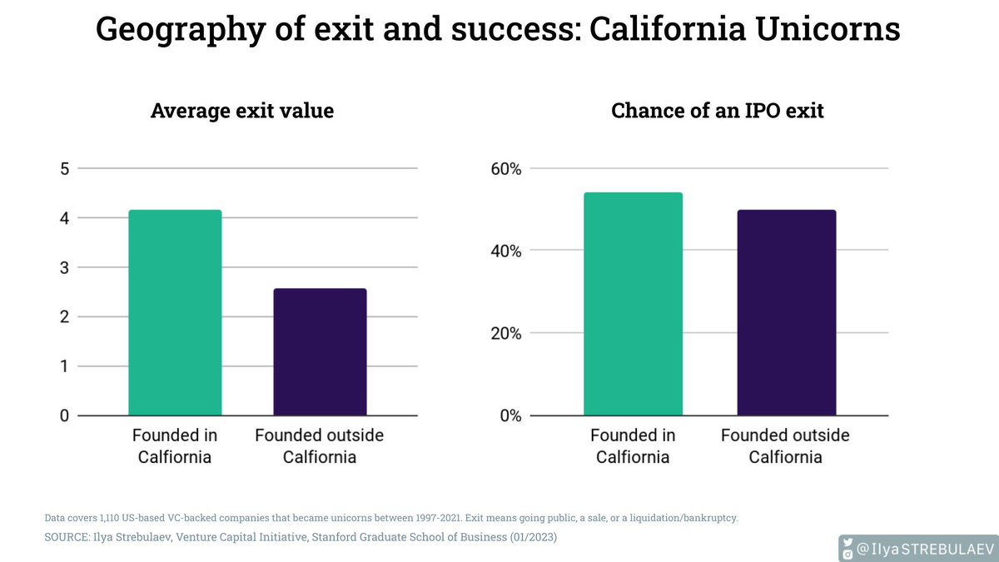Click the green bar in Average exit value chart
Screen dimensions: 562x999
tap(175, 312)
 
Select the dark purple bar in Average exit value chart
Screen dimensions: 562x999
tap(320, 351)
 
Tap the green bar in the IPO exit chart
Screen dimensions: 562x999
tap(633, 304)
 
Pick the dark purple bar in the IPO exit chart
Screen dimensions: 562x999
tap(787, 312)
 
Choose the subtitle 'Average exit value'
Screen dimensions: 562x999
tap(242, 111)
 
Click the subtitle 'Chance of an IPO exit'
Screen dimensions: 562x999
tap(717, 111)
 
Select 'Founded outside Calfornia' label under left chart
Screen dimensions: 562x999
tap(320, 445)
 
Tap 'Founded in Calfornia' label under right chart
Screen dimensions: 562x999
tap(633, 445)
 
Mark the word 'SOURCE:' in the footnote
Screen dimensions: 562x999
tap(68, 538)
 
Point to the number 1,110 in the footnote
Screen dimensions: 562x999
tap(112, 518)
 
